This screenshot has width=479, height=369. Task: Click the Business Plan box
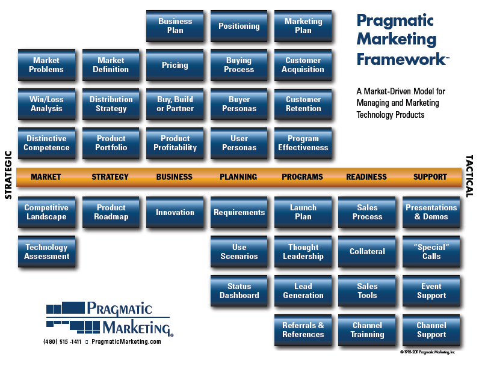(175, 26)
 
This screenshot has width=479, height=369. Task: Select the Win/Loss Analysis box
(46, 104)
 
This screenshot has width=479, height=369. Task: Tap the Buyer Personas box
(239, 104)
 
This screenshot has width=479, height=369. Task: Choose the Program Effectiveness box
(303, 143)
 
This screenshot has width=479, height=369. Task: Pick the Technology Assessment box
(46, 251)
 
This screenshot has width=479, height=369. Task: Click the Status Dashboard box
(239, 291)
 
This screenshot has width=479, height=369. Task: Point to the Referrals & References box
(303, 330)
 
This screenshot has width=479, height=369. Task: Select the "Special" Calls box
(431, 251)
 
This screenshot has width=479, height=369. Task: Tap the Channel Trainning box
(367, 330)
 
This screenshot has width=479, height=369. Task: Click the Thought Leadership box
(303, 251)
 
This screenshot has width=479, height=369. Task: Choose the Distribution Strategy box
(111, 104)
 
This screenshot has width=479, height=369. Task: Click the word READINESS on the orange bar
(366, 177)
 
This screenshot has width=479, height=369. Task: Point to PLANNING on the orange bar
(238, 177)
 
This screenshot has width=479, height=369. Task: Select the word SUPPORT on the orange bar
(430, 177)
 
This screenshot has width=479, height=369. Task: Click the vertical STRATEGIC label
(8, 175)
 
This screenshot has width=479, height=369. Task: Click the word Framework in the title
(401, 59)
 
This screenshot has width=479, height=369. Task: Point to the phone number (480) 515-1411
(63, 341)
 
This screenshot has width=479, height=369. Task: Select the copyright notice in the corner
(427, 352)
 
